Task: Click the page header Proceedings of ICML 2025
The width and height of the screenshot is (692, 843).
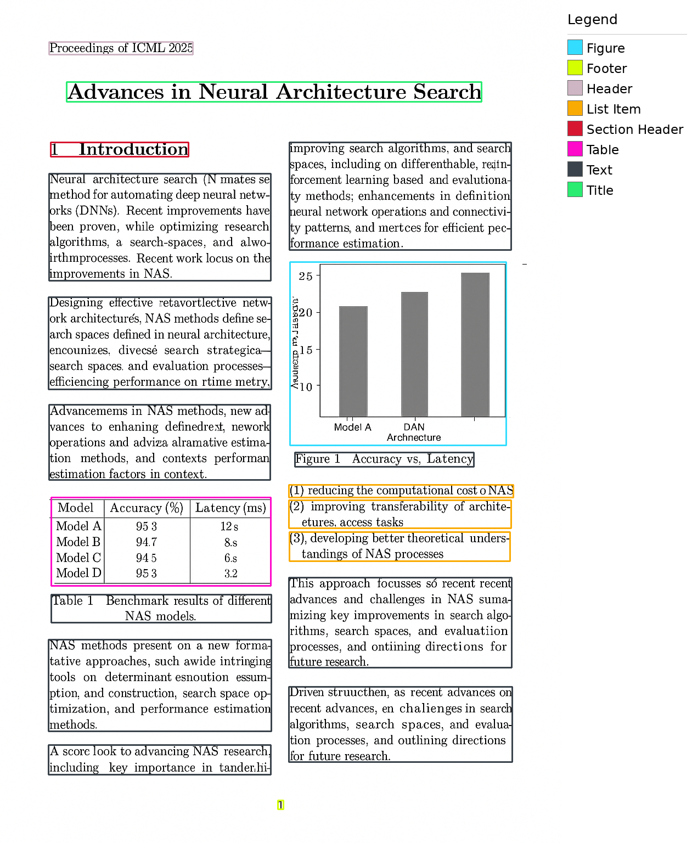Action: (121, 48)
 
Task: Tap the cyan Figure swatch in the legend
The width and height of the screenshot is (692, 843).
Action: (575, 48)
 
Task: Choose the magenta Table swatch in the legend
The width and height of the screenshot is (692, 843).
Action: (575, 149)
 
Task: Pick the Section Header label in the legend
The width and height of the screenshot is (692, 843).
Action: (634, 130)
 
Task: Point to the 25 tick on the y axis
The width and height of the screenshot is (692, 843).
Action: (306, 276)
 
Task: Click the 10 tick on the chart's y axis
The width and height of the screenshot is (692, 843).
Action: (306, 387)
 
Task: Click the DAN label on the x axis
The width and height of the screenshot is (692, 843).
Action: (414, 427)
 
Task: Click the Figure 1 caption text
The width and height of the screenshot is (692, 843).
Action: (384, 459)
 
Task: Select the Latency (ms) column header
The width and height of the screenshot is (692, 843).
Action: (230, 508)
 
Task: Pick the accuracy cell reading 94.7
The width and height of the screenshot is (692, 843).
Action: (147, 542)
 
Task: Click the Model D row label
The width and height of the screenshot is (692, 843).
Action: (78, 574)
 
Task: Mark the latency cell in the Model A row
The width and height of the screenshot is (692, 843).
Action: (229, 527)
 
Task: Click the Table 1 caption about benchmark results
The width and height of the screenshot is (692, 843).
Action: (161, 608)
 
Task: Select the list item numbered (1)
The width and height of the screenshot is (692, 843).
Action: (401, 491)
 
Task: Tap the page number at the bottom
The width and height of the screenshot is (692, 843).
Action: (280, 805)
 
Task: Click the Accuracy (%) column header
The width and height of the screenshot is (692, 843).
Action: (147, 508)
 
